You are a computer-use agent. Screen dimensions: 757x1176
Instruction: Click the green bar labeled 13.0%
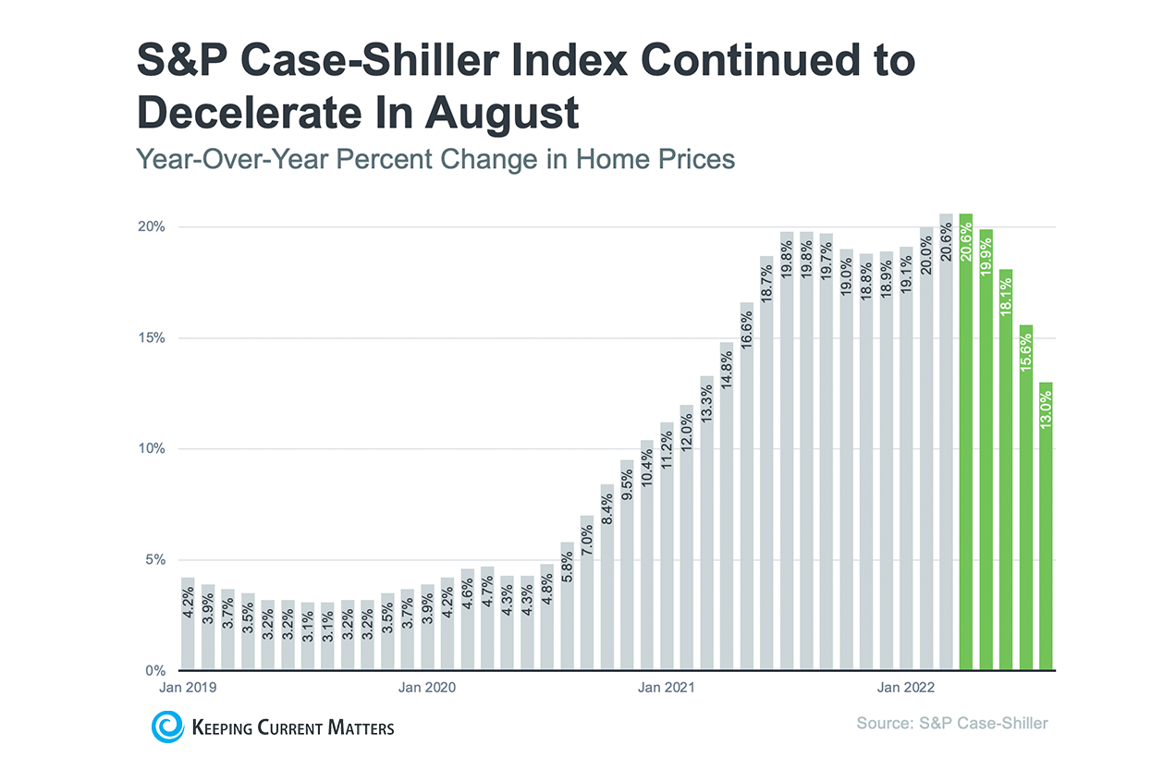click(x=1046, y=526)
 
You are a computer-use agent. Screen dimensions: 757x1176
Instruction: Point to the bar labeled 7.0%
click(x=586, y=592)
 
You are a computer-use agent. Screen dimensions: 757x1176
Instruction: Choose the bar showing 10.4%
click(x=646, y=555)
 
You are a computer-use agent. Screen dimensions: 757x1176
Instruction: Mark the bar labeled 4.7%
click(x=487, y=618)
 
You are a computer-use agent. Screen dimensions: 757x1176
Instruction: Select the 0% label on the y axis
click(x=156, y=670)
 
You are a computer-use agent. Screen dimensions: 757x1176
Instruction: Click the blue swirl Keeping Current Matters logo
click(x=168, y=726)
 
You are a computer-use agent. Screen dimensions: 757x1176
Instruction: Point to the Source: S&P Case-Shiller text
click(x=952, y=723)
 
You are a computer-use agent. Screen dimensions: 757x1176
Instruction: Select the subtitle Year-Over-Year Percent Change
click(x=435, y=159)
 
